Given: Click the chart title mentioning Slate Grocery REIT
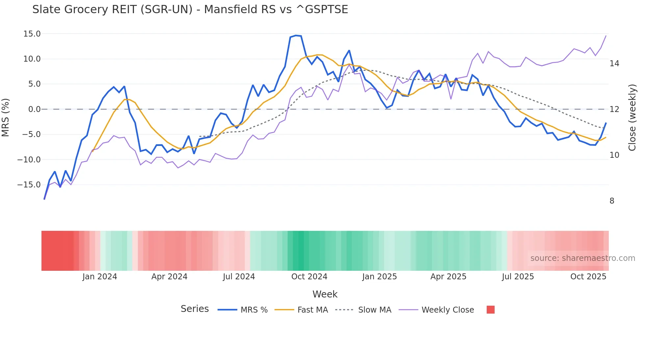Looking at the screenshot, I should pyautogui.click(x=190, y=10).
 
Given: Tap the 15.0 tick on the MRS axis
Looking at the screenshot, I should pyautogui.click(x=32, y=34).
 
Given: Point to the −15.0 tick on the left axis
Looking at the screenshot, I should pyautogui.click(x=29, y=185).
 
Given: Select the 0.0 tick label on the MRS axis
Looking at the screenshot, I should pyautogui.click(x=34, y=109).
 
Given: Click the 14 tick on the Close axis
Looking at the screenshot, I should pyautogui.click(x=614, y=64).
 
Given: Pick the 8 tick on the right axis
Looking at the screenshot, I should pyautogui.click(x=612, y=201).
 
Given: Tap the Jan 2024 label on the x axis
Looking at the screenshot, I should pyautogui.click(x=100, y=277).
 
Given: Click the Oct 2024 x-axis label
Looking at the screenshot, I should pyautogui.click(x=309, y=277).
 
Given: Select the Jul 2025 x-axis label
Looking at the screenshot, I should pyautogui.click(x=518, y=277).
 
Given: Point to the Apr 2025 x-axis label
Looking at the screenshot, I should pyautogui.click(x=448, y=277).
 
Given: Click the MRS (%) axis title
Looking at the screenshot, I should pyautogui.click(x=6, y=117).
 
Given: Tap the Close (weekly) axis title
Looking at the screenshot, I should pyautogui.click(x=632, y=118).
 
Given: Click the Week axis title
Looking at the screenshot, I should pyautogui.click(x=325, y=294).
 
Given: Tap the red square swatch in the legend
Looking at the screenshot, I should pyautogui.click(x=490, y=310).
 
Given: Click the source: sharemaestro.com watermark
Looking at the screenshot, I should pyautogui.click(x=582, y=258).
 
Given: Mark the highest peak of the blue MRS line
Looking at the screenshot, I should pyautogui.click(x=296, y=35).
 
